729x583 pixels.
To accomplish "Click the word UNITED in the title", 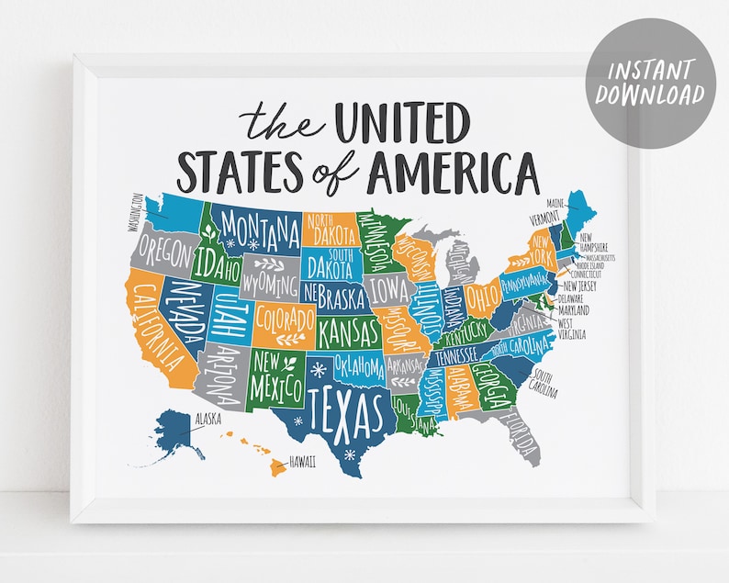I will pyautogui.click(x=403, y=124).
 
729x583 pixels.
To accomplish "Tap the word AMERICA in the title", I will pyautogui.click(x=454, y=172).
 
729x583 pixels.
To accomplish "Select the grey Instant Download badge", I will pyautogui.click(x=649, y=84).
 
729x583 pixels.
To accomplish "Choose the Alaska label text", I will pyautogui.click(x=207, y=420).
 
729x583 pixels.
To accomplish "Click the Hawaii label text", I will pyautogui.click(x=302, y=461).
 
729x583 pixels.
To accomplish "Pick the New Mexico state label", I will pyautogui.click(x=274, y=373).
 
